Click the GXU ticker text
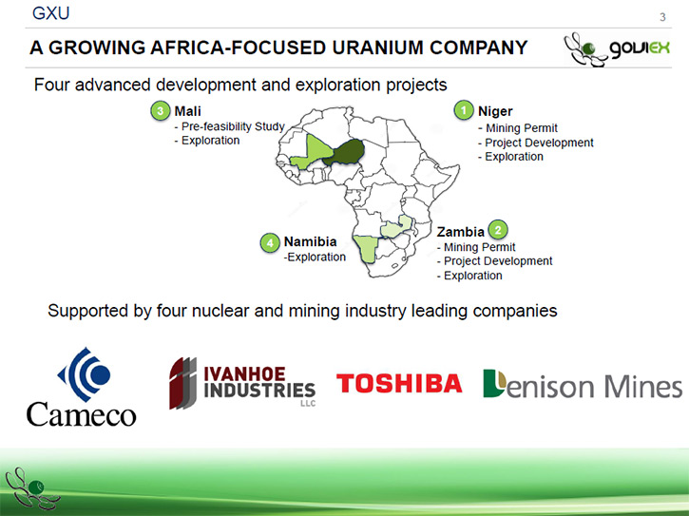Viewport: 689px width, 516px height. pos(51,13)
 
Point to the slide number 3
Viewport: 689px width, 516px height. pos(662,17)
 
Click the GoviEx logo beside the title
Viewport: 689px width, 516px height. pos(617,49)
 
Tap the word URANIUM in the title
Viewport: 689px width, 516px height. pos(378,48)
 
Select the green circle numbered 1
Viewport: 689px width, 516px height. pos(464,110)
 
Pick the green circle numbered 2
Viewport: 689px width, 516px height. pos(498,230)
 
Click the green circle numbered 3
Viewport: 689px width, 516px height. pos(161,111)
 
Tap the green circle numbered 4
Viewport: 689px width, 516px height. pos(270,242)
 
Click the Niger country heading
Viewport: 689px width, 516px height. pos(495,111)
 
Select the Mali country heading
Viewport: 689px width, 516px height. pos(187,111)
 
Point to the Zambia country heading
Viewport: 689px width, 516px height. pos(461,232)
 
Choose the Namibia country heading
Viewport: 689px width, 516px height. pos(310,241)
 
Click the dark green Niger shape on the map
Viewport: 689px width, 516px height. pos(347,152)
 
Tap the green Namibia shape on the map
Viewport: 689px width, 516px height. pos(366,247)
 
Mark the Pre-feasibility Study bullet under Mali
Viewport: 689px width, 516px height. pos(229,126)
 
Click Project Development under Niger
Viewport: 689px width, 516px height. pos(536,143)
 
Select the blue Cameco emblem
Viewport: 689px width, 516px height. pos(85,374)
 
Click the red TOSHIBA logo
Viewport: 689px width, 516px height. pos(399,383)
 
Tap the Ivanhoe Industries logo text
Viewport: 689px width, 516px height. pos(259,382)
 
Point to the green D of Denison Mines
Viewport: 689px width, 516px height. pos(495,383)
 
